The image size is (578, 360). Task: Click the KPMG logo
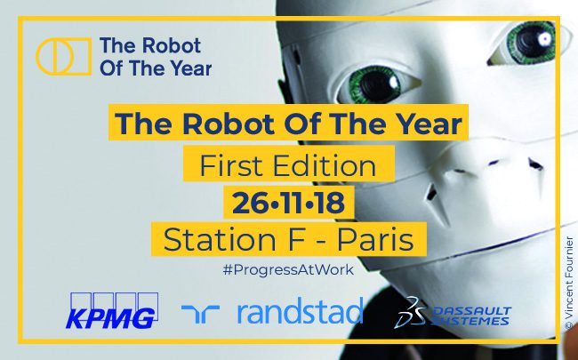(112, 310)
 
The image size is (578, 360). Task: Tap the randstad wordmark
(300, 310)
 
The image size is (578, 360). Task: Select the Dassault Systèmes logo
(453, 313)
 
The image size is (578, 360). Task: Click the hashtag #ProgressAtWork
(288, 269)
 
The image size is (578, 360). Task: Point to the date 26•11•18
(289, 203)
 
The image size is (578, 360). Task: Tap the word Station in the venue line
(220, 239)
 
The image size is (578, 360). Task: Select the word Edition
(324, 165)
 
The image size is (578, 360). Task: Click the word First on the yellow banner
(231, 165)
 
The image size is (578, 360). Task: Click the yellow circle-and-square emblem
(63, 56)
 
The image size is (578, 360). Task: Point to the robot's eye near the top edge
(532, 41)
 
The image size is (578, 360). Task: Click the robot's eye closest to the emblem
(374, 84)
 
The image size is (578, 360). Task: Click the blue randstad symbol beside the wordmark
(201, 314)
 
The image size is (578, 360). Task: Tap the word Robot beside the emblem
(172, 45)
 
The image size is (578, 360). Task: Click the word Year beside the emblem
(190, 68)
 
